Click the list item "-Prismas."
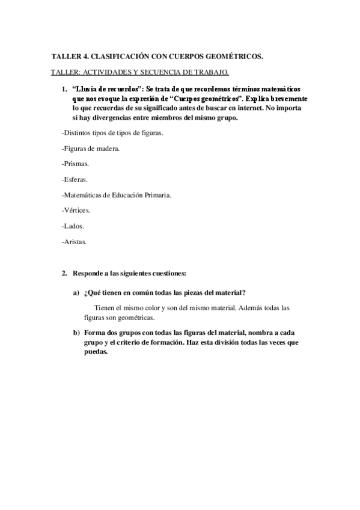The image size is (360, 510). (x=75, y=163)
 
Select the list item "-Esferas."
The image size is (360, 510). (x=75, y=179)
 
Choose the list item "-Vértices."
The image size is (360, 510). (x=76, y=210)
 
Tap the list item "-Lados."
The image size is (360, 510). (x=73, y=226)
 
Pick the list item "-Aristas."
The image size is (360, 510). (x=75, y=242)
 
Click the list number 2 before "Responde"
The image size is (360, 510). (x=64, y=274)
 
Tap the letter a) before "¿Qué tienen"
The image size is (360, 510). (x=76, y=293)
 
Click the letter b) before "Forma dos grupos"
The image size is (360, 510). (x=76, y=333)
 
